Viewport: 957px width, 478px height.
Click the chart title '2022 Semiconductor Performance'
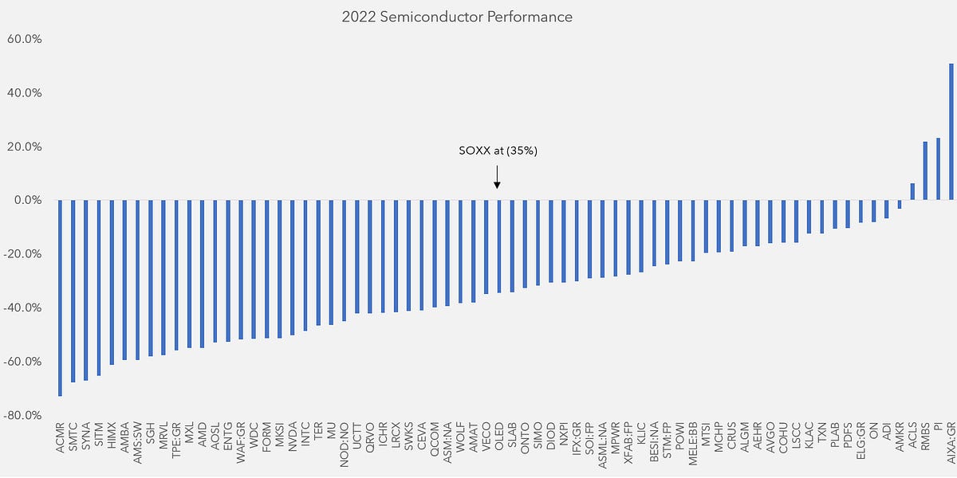click(x=478, y=17)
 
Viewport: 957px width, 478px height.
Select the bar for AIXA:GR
click(x=951, y=131)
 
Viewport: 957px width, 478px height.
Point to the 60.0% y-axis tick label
click(x=26, y=39)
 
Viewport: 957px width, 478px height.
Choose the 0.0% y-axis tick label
click(x=28, y=200)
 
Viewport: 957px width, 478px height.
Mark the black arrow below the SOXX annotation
click(x=497, y=177)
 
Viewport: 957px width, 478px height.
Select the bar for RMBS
click(x=925, y=170)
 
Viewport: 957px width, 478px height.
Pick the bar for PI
click(x=938, y=169)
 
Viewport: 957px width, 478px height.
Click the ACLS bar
click(x=912, y=191)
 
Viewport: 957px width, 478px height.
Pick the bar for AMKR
click(x=900, y=204)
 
